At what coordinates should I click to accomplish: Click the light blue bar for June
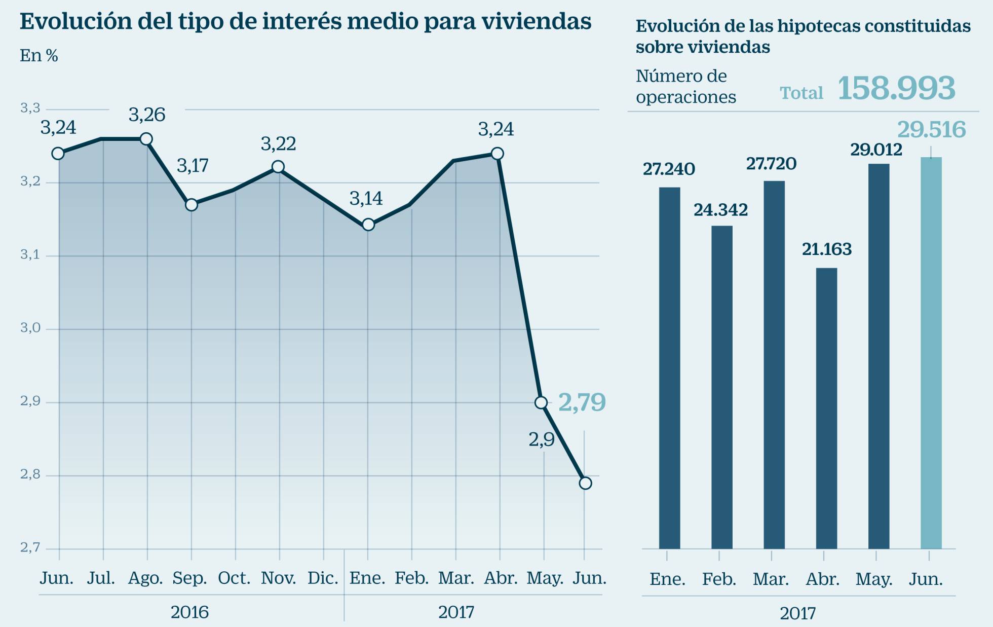(931, 353)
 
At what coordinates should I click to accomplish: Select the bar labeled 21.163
(826, 408)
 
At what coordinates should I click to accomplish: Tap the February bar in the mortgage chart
(721, 387)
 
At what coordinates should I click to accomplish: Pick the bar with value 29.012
(879, 356)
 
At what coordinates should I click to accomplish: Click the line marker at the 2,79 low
(585, 483)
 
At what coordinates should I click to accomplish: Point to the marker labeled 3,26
(146, 139)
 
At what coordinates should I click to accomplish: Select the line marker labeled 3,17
(191, 205)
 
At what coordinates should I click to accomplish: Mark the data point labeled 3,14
(368, 225)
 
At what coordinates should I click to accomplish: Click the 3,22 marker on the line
(278, 167)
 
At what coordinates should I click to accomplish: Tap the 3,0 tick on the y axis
(30, 328)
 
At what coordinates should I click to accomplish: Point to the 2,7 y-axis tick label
(30, 548)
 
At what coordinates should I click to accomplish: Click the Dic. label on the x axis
(323, 578)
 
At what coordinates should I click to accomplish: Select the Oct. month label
(234, 578)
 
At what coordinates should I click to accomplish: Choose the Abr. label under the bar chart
(823, 579)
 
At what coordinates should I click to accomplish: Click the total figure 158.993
(896, 88)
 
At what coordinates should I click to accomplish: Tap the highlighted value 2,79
(582, 402)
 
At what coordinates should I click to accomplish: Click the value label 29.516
(931, 130)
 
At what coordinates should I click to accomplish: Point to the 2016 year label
(189, 612)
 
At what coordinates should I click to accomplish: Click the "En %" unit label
(39, 56)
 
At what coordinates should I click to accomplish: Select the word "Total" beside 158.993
(801, 93)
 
